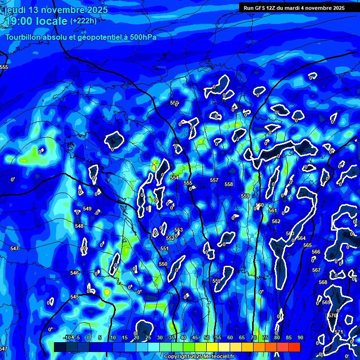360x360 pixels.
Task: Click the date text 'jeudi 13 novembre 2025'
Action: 56,10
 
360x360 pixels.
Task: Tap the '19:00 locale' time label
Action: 36,21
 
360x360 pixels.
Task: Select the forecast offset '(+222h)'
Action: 83,21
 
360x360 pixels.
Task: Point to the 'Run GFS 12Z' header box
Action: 294,7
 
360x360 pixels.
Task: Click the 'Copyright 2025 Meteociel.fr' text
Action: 199,357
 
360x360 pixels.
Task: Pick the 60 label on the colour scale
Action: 230,337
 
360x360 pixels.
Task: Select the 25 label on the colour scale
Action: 148,337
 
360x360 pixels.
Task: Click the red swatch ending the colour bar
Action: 294,346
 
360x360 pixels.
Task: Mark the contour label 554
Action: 174,178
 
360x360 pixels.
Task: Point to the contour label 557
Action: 214,180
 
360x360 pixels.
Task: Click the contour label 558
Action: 229,184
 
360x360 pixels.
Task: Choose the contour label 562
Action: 276,221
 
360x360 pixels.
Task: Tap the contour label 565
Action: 307,245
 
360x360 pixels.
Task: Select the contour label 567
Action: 316,270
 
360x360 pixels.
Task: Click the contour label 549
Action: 87,209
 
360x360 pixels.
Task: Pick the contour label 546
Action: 75,273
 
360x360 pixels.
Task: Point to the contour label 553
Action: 179,230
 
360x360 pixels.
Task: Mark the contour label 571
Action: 338,332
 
